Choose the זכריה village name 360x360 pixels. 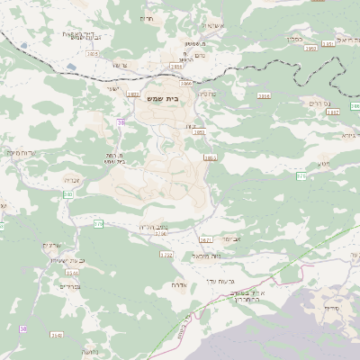(71, 179)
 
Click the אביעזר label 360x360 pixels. (231, 239)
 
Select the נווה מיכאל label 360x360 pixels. (206, 256)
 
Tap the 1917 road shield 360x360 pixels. (332, 112)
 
